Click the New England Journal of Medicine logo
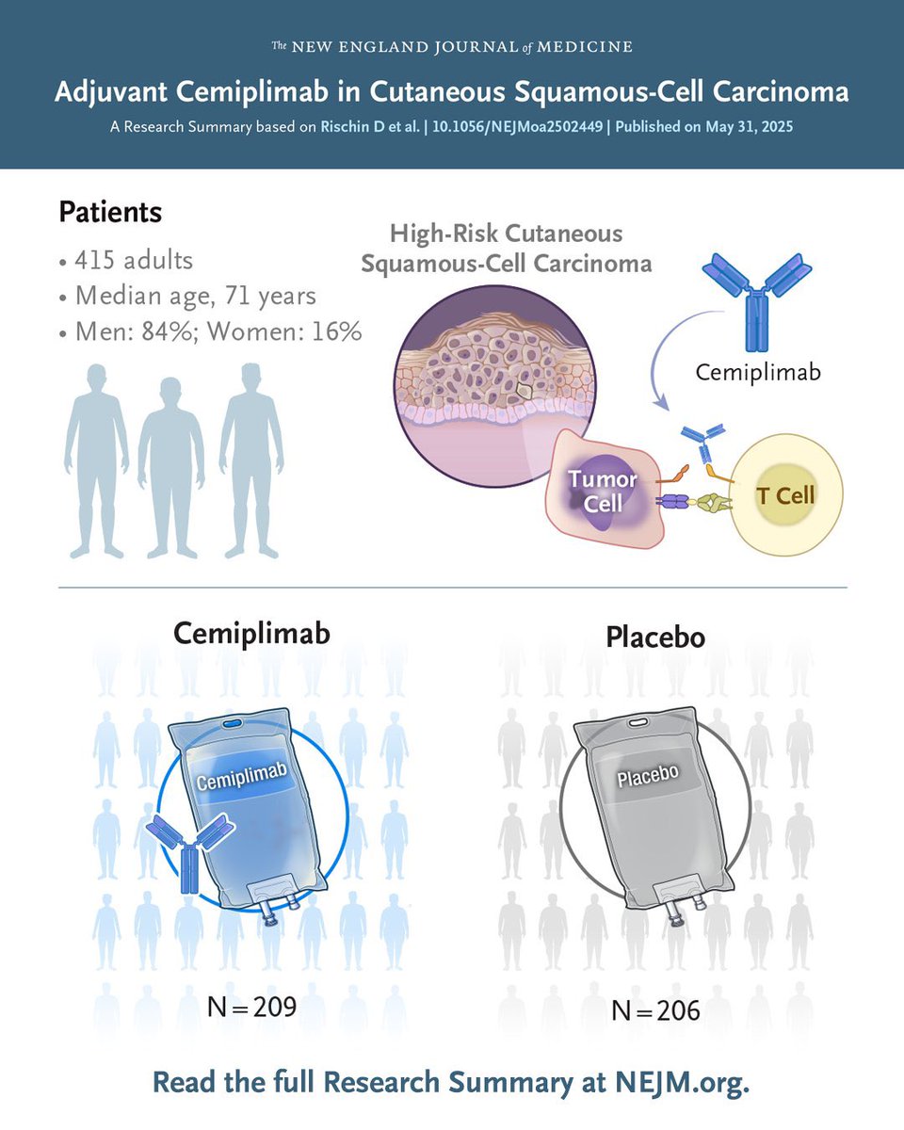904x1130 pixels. (x=452, y=46)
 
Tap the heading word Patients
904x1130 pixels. (x=110, y=213)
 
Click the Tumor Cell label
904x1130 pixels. (x=603, y=491)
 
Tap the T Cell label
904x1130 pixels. (x=783, y=494)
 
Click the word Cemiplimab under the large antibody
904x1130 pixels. (x=758, y=372)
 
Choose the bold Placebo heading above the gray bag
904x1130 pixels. (x=655, y=638)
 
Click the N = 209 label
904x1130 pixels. (x=251, y=1006)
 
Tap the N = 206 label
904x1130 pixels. (x=655, y=1010)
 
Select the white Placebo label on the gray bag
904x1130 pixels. (x=648, y=778)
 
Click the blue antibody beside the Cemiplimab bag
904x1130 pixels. (x=189, y=847)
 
